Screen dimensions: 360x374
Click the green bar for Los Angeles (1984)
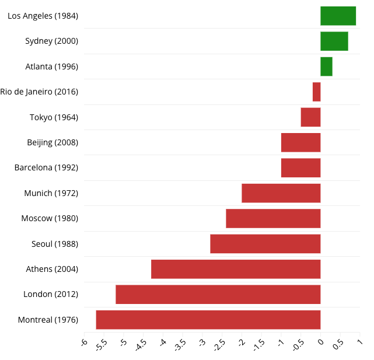pyautogui.click(x=338, y=16)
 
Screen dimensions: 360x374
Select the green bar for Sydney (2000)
pyautogui.click(x=334, y=41)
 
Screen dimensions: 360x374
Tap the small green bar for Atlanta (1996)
pyautogui.click(x=326, y=67)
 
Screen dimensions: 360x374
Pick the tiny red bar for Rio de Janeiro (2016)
pyautogui.click(x=316, y=92)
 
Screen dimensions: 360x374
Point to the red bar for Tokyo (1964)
pyautogui.click(x=310, y=117)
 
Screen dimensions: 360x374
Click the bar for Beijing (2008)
pyautogui.click(x=300, y=142)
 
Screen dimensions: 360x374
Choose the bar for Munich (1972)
pyautogui.click(x=281, y=193)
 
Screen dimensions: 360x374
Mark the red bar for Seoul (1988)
pyautogui.click(x=265, y=244)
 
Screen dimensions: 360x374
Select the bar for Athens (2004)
pyautogui.click(x=236, y=269)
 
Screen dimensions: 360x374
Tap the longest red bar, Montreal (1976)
pyautogui.click(x=208, y=320)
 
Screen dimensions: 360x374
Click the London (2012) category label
pyautogui.click(x=51, y=294)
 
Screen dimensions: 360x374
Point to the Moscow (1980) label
pyautogui.click(x=50, y=218)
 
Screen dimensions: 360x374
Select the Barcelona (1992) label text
pyautogui.click(x=46, y=167)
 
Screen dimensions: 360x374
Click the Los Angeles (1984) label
pyautogui.click(x=43, y=16)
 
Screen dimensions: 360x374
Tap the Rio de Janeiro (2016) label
pyautogui.click(x=39, y=92)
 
